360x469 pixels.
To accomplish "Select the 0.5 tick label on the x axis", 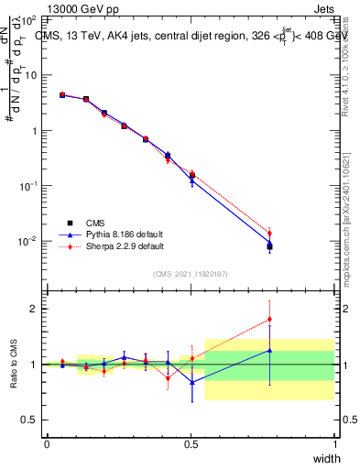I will click(190, 443).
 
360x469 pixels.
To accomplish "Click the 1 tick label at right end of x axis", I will click(334, 443).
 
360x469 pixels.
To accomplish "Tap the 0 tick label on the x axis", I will click(47, 443).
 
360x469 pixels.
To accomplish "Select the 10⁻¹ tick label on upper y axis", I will click(28, 186).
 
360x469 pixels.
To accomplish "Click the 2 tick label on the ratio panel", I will click(35, 309).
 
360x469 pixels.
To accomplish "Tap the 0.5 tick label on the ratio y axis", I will click(31, 420).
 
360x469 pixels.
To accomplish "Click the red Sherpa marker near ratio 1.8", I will click(269, 320).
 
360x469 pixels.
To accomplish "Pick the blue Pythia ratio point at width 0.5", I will click(191, 381).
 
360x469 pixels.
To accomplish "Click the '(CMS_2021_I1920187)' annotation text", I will click(190, 272).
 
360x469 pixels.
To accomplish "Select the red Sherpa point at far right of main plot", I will click(269, 233).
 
